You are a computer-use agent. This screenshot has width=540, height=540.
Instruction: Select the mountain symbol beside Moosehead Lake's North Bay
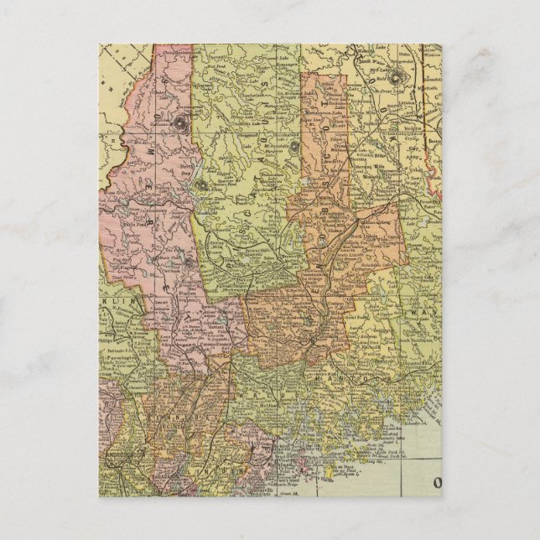click(200, 185)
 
